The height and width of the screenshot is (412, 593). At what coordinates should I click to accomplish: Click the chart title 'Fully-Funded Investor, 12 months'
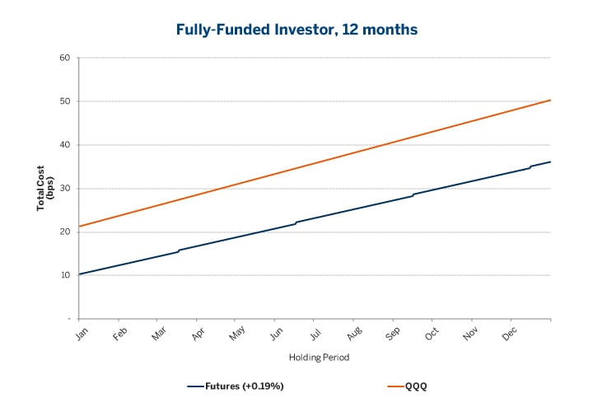click(296, 29)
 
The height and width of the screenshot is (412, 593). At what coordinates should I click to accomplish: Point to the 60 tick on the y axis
click(63, 58)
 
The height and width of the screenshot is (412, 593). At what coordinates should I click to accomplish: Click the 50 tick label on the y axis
click(63, 101)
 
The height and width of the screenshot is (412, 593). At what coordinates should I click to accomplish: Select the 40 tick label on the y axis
click(63, 145)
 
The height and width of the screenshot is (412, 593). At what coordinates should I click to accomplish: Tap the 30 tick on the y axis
click(63, 189)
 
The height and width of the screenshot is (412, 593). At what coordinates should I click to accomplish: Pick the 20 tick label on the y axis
click(63, 232)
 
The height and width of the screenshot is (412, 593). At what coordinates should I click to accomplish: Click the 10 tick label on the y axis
click(63, 275)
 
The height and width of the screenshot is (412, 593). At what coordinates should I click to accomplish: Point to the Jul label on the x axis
click(315, 334)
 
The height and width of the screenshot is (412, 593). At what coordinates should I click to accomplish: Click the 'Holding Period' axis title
click(314, 358)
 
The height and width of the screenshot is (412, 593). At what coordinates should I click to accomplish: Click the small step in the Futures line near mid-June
click(296, 222)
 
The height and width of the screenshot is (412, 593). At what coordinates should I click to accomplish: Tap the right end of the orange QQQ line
click(550, 100)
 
